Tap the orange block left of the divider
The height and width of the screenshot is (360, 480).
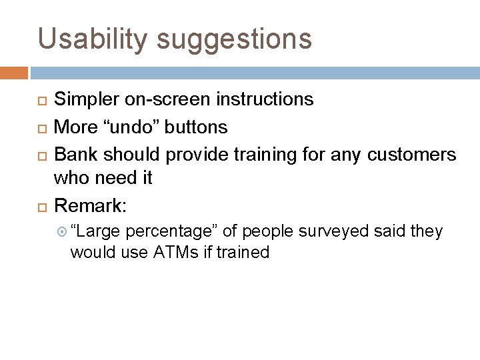[x=14, y=72]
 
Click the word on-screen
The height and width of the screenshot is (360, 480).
[x=172, y=100]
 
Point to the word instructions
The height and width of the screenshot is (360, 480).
[x=265, y=100]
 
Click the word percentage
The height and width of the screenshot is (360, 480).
[x=171, y=232]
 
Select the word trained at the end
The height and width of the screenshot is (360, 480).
[x=244, y=252]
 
